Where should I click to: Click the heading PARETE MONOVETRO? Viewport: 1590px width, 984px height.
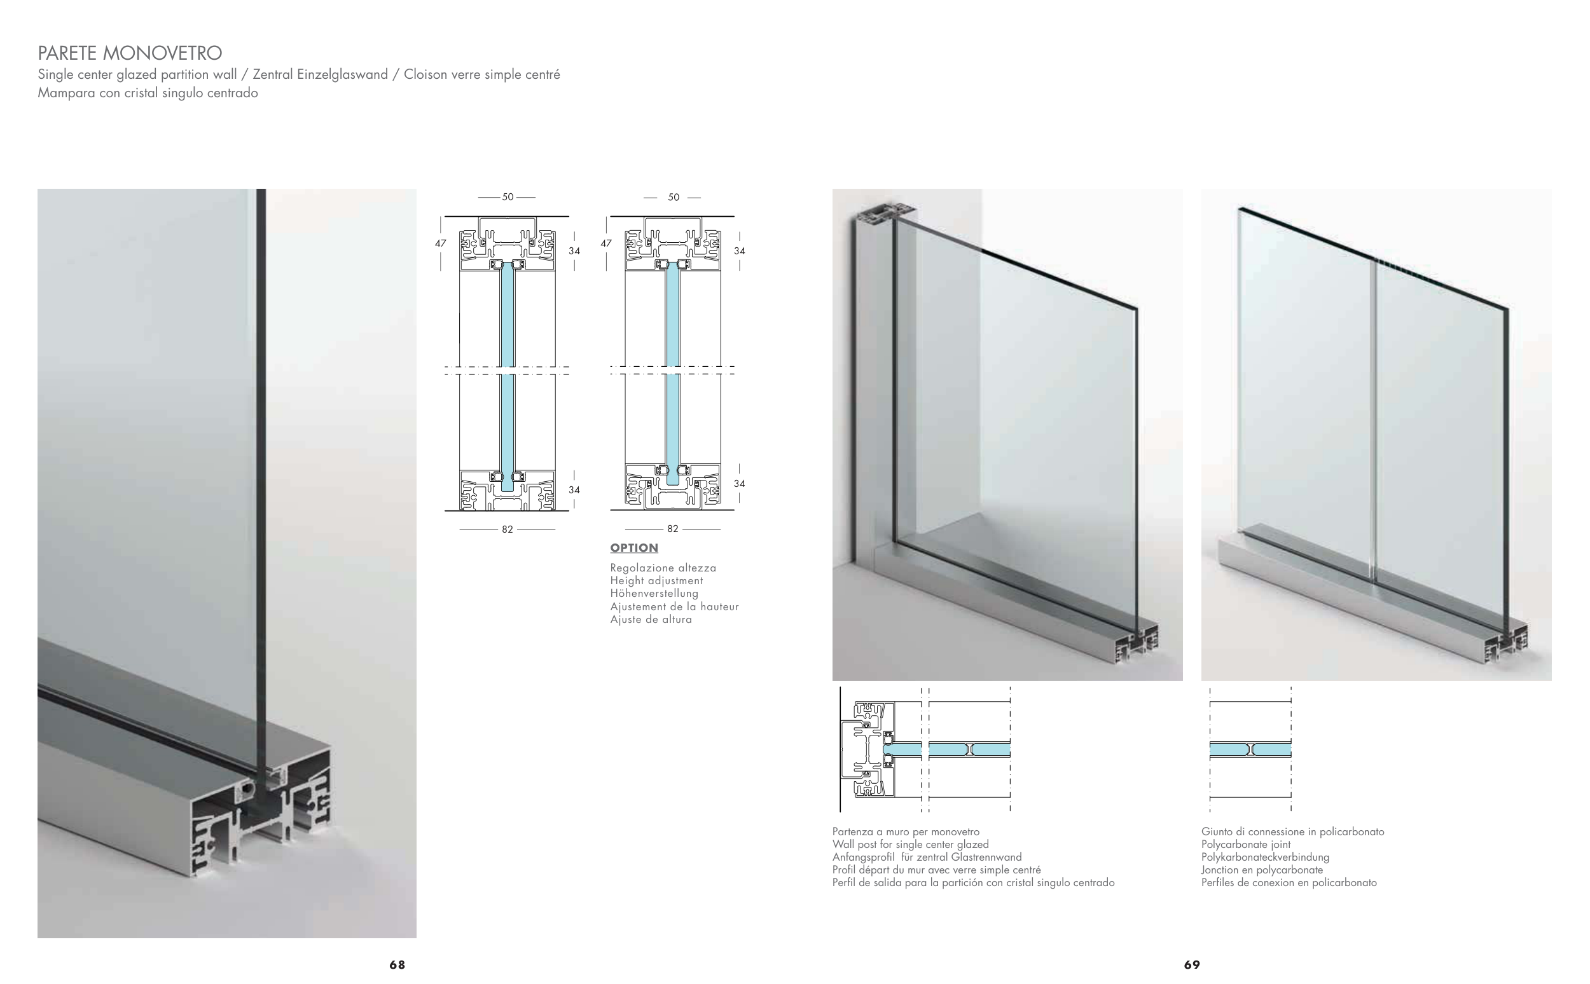(x=130, y=53)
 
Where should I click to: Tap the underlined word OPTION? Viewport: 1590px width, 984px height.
(x=634, y=548)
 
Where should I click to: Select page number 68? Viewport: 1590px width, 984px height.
(x=397, y=964)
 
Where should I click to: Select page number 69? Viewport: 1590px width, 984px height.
(x=1192, y=964)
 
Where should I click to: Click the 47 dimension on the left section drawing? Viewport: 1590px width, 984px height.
(x=441, y=243)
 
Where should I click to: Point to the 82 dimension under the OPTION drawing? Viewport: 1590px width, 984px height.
(x=673, y=529)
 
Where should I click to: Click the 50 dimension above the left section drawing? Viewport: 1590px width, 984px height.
(x=508, y=196)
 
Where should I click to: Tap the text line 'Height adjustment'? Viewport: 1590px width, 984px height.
(x=656, y=580)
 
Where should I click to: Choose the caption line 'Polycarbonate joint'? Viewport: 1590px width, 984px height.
(x=1245, y=844)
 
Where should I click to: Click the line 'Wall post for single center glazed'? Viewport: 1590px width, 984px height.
(x=910, y=844)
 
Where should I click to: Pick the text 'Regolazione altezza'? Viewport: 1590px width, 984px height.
(x=663, y=568)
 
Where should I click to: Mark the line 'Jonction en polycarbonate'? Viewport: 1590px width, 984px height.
(x=1262, y=870)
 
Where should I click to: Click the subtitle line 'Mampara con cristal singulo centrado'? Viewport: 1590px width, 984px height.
(x=148, y=93)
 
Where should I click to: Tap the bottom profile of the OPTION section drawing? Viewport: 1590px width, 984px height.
(x=673, y=486)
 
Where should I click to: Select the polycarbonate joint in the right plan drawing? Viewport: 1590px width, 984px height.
(x=1250, y=749)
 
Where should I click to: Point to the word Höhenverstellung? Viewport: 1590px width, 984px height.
(x=654, y=594)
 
